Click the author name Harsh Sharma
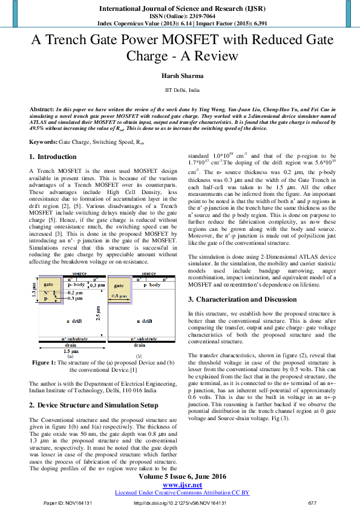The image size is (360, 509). pyautogui.click(x=180, y=75)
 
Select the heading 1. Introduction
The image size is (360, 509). pyautogui.click(x=53, y=157)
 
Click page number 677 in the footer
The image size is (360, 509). pyautogui.click(x=312, y=502)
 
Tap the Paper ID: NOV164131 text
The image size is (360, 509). pyautogui.click(x=67, y=502)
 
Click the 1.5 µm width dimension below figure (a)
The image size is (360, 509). pyautogui.click(x=71, y=351)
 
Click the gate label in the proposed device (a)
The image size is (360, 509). pyautogui.click(x=49, y=284)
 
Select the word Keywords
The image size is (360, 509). pyautogui.click(x=43, y=141)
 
